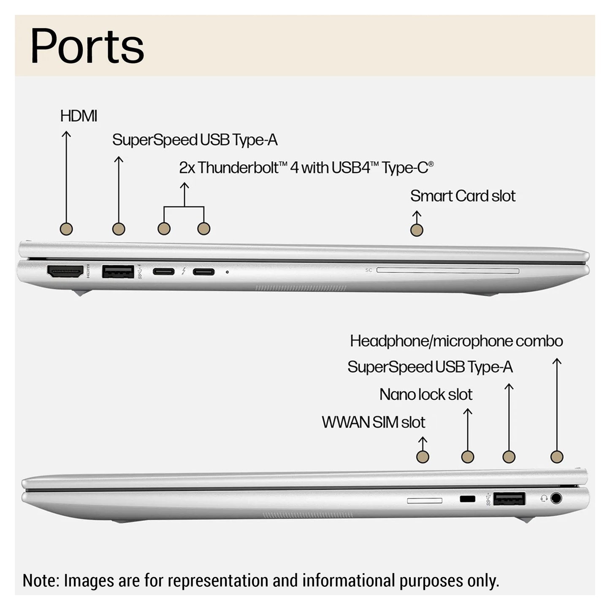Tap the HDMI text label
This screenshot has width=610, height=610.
(x=79, y=116)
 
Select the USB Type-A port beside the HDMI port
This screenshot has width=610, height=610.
(x=118, y=271)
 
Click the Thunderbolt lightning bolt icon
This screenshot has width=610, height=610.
(x=184, y=271)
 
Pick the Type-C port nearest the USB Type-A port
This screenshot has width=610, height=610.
(x=163, y=271)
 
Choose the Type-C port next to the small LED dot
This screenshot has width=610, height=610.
(x=203, y=271)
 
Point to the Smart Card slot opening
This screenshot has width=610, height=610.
(x=447, y=270)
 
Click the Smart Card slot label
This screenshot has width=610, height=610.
(x=463, y=196)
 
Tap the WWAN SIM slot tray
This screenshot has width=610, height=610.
(x=425, y=500)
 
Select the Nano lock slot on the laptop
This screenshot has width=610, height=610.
(x=467, y=499)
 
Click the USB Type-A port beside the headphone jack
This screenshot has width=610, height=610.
(x=509, y=499)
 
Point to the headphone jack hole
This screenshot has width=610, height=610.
(x=556, y=499)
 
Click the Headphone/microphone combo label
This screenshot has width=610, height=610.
(x=456, y=341)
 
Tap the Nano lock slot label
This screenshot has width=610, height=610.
(x=426, y=394)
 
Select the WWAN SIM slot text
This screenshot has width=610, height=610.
(x=373, y=422)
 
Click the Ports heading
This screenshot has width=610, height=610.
(x=87, y=46)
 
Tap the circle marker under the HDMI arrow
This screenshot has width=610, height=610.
(x=66, y=229)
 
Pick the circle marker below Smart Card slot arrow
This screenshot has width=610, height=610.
(x=417, y=230)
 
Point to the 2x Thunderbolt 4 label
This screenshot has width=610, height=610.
(x=306, y=168)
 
